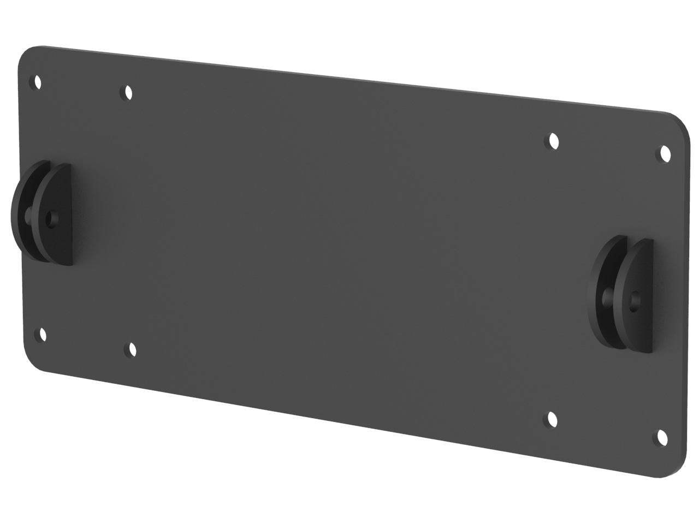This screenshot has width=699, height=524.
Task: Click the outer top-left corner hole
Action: click(x=37, y=82)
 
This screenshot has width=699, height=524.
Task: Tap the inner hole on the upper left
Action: click(x=128, y=92)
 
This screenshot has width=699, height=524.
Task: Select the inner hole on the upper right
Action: click(x=554, y=141)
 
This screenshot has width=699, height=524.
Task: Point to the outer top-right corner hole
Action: click(x=665, y=154)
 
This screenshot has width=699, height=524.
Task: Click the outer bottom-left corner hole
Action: click(x=42, y=334)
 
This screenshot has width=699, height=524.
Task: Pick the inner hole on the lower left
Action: click(x=131, y=349)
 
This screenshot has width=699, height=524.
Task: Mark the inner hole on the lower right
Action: click(x=553, y=419)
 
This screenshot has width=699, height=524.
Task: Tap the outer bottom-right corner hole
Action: click(x=662, y=437)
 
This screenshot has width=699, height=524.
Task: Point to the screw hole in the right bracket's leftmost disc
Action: click(x=606, y=297)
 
